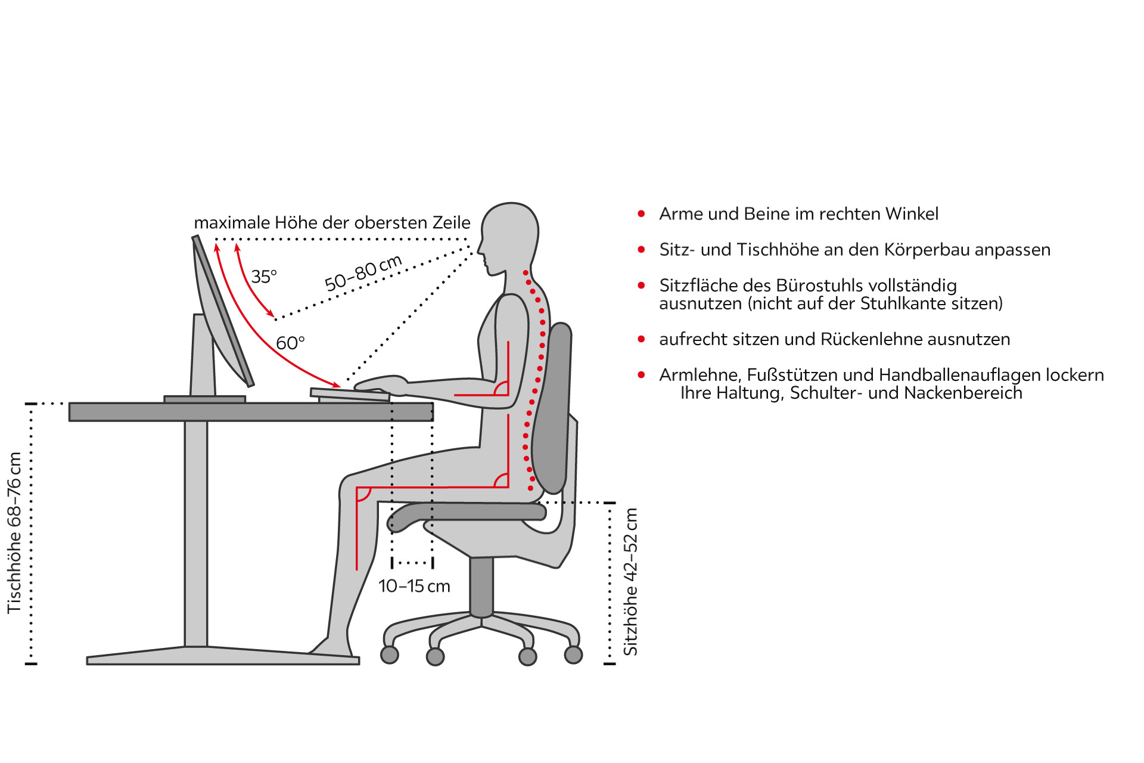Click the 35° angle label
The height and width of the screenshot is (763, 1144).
coord(264,277)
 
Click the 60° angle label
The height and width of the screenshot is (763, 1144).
coord(290,343)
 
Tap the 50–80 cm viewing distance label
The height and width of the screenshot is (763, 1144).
coord(363,272)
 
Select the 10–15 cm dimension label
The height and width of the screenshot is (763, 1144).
coord(414,586)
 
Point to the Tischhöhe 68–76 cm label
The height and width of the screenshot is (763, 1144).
coord(14,533)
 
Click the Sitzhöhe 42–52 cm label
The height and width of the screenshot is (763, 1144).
coord(630,582)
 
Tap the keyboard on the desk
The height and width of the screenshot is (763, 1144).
coord(350,395)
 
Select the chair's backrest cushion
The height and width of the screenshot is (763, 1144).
coord(552,409)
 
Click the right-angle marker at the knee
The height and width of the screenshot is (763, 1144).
coord(363,494)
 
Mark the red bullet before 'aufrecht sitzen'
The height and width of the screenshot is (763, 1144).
coord(641,339)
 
